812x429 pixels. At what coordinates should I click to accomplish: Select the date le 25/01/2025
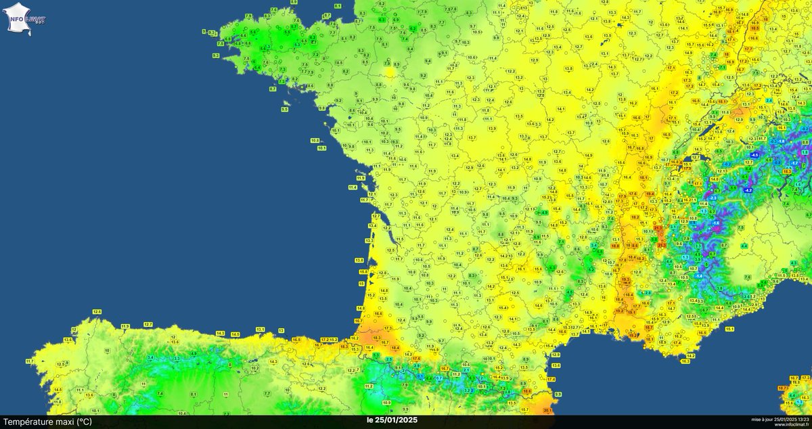tap(393, 420)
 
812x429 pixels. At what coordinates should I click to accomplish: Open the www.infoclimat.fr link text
tap(788, 424)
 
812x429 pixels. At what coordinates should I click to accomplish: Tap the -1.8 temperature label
tap(781, 141)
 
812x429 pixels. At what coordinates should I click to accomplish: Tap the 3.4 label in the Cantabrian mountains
tap(150, 357)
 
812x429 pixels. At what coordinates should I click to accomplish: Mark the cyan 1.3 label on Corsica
tap(800, 403)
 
